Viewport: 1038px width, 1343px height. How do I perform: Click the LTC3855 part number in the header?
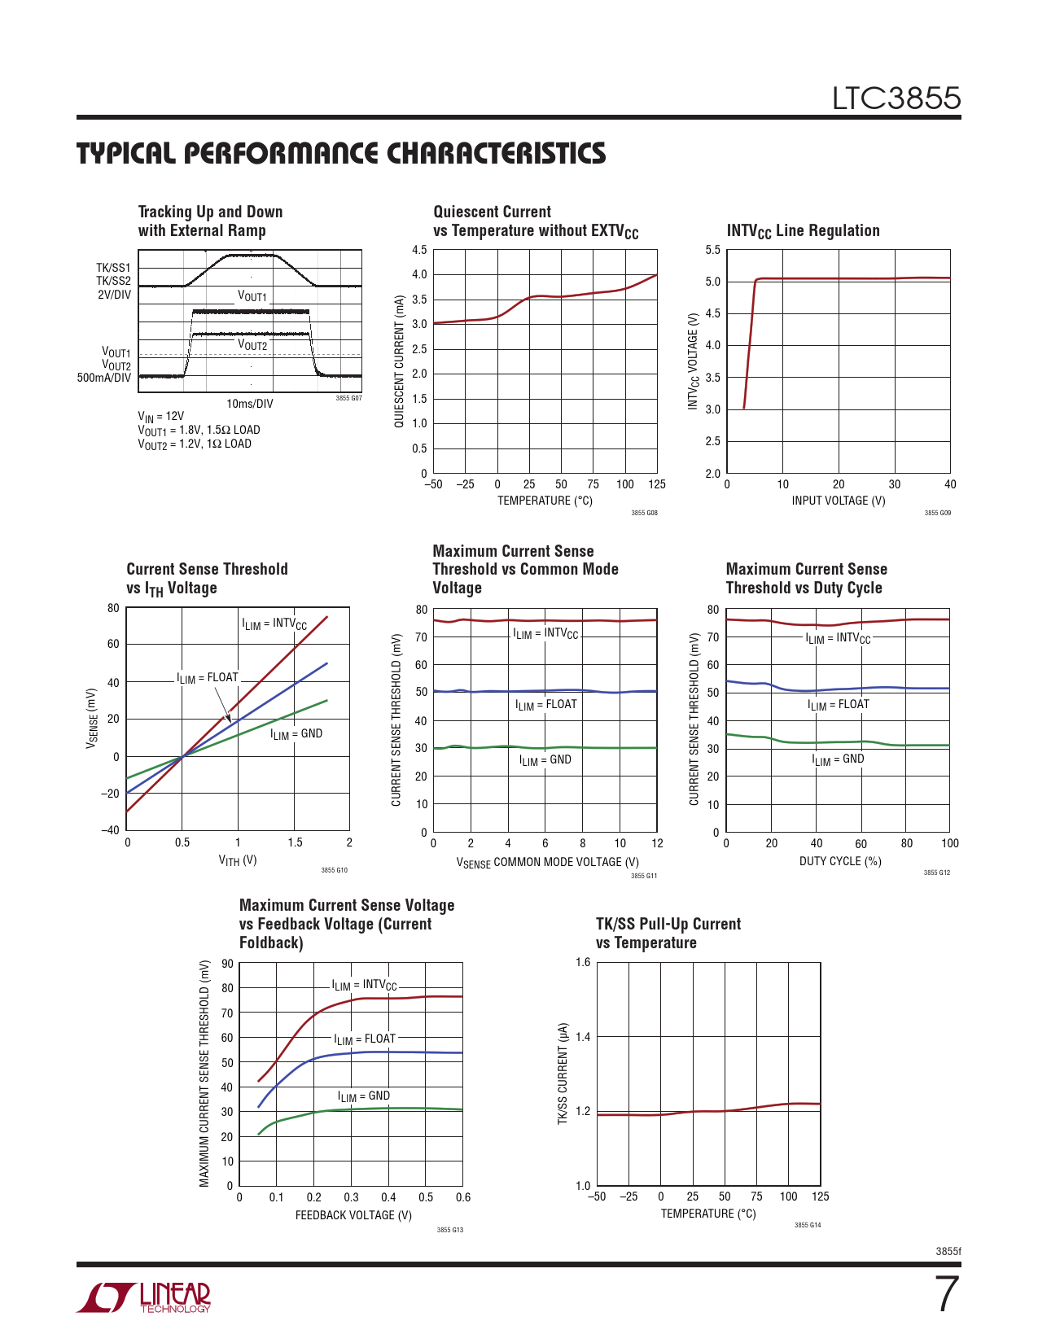[x=896, y=98]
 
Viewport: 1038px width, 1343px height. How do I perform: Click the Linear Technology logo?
[x=143, y=1297]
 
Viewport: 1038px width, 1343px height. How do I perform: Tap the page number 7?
[x=946, y=1295]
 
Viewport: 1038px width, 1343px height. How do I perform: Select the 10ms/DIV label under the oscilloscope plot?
[x=249, y=404]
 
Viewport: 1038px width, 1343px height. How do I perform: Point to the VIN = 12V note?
[x=161, y=417]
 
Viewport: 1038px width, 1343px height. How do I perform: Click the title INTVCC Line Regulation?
[x=803, y=231]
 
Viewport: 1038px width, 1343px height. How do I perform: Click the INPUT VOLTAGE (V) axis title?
[x=838, y=501]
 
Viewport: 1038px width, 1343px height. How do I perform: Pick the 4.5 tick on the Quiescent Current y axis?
[x=418, y=250]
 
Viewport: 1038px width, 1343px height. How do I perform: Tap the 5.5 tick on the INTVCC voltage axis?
[x=712, y=250]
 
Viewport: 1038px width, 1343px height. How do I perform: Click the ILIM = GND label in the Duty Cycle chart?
[x=838, y=759]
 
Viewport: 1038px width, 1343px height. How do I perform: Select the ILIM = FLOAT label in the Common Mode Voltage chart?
[x=545, y=705]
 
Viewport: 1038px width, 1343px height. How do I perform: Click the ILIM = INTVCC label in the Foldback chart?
[x=364, y=985]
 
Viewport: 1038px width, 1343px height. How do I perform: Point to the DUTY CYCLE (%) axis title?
[x=839, y=861]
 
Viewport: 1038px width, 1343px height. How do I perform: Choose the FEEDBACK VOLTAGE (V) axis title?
[x=353, y=1215]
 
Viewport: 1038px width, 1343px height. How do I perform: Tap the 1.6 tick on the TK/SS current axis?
[x=583, y=962]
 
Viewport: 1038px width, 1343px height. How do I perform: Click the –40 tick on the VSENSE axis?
[x=110, y=830]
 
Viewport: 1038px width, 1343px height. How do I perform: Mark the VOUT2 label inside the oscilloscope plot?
[x=252, y=345]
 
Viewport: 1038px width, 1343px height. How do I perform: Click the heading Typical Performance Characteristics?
[x=341, y=154]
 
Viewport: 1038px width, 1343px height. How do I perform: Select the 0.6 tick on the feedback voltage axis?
[x=463, y=1197]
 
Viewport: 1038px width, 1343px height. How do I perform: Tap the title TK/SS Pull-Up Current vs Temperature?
[x=668, y=934]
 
